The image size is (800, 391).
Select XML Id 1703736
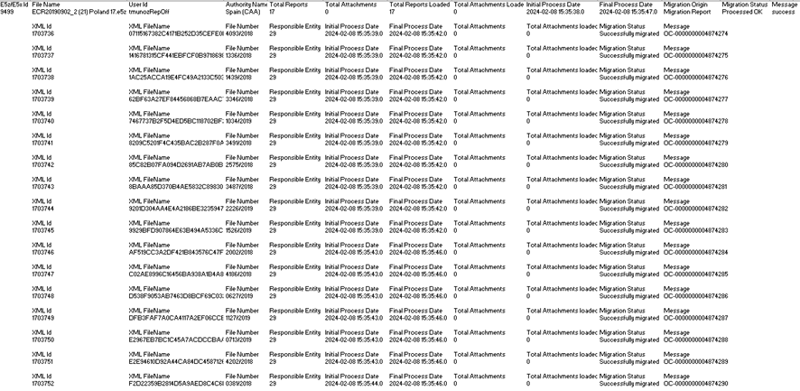click(42, 35)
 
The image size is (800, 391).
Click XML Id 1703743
click(42, 187)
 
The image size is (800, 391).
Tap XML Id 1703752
click(42, 383)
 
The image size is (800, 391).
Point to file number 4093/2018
click(241, 35)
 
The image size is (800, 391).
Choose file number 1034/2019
click(241, 121)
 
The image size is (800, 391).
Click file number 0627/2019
click(241, 296)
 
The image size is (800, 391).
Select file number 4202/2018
click(241, 361)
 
